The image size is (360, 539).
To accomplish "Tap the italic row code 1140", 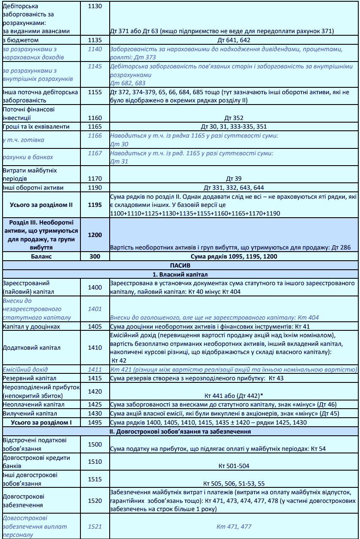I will [x=95, y=49].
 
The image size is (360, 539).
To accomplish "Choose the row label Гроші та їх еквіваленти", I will [x=36, y=126].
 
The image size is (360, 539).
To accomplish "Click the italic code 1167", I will [x=95, y=153].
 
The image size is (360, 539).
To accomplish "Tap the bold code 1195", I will [x=95, y=204].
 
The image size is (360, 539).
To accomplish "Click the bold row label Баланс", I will [x=42, y=256].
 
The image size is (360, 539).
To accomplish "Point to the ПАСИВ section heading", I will [x=180, y=265].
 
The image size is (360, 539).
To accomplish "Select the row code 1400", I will [x=95, y=287].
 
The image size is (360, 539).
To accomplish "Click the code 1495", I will [x=95, y=422].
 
